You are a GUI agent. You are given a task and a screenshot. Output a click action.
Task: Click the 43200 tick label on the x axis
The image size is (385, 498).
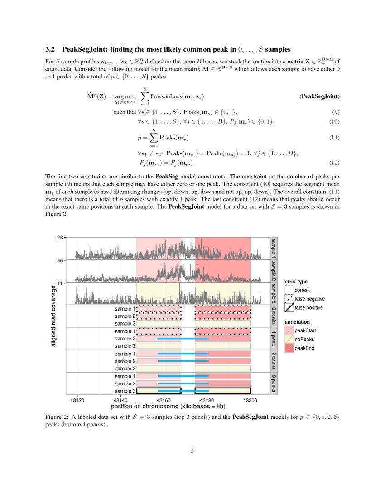[x=250, y=400]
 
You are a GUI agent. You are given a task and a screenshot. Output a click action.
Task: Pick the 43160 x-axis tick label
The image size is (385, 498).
[x=164, y=400]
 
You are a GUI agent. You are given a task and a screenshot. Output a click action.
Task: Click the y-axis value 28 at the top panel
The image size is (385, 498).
[x=60, y=237]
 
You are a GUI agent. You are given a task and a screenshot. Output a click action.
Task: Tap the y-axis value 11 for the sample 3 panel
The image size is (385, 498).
[x=60, y=283]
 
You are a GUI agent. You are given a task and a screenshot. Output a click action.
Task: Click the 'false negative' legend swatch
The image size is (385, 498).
[x=289, y=299]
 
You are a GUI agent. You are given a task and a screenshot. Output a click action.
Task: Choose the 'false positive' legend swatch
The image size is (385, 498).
[x=289, y=308]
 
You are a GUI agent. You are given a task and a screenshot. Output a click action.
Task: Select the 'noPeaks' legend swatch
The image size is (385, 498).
[x=289, y=339]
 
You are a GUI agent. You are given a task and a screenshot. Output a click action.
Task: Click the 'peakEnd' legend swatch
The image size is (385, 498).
[x=289, y=348]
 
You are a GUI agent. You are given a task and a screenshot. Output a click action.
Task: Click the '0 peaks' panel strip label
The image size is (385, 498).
[x=274, y=316]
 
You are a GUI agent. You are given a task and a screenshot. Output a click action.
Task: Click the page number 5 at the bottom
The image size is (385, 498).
[x=192, y=450]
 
